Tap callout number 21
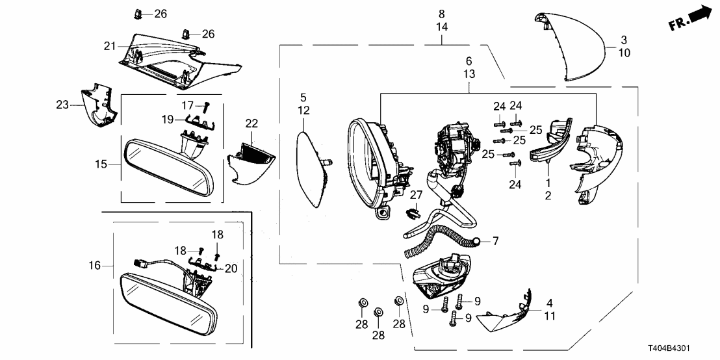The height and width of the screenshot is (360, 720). tap(109, 45)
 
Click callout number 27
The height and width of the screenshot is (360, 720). tap(416, 194)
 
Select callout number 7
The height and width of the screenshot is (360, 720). tap(495, 242)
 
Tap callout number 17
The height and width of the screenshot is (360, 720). tap(187, 105)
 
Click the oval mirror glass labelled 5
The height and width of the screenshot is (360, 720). tap(312, 167)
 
